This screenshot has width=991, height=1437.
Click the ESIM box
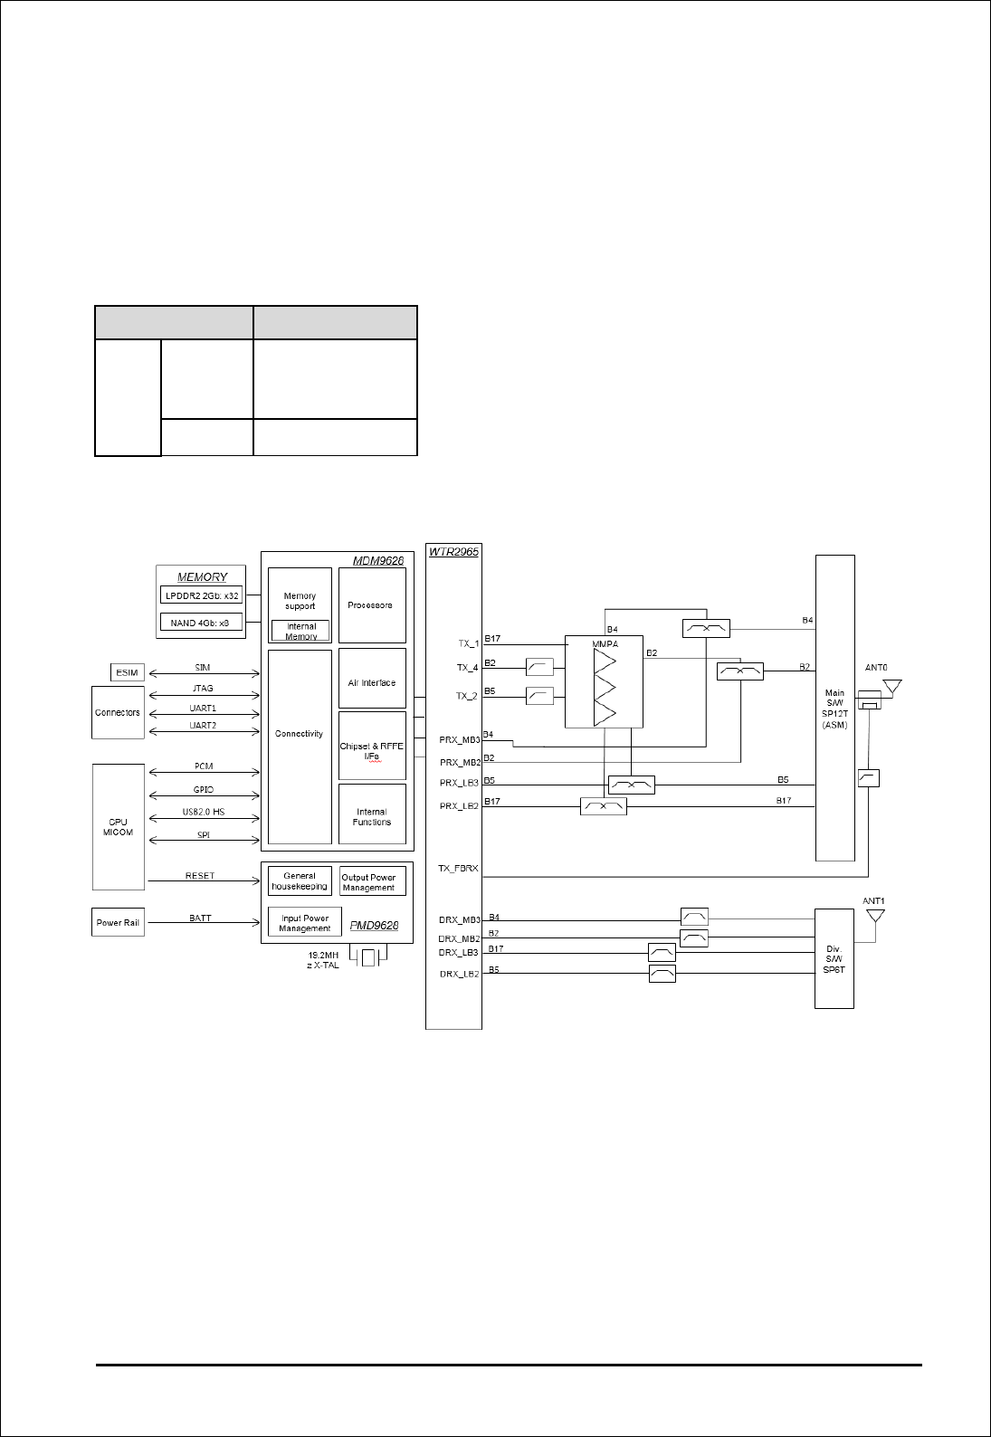tap(126, 672)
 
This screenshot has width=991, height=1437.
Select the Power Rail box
tap(119, 922)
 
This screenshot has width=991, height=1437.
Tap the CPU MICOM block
tap(119, 826)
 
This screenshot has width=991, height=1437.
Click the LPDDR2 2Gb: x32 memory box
tap(202, 595)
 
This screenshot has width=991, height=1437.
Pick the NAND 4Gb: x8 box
tap(202, 622)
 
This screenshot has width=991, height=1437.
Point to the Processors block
tap(371, 604)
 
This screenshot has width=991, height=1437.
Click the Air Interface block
tap(371, 683)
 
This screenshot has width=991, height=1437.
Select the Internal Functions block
tap(371, 816)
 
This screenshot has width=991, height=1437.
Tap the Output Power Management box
tap(368, 882)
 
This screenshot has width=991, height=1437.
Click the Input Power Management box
tap(304, 923)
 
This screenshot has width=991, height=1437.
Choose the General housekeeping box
tap(300, 881)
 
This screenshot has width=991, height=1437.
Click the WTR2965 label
tap(453, 550)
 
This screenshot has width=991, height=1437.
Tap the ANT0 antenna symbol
tap(892, 687)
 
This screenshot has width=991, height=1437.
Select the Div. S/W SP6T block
tap(834, 958)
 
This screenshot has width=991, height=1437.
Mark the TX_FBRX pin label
tap(458, 869)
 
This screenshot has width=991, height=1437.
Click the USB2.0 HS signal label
tap(204, 812)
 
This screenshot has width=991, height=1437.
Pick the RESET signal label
tap(200, 876)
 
